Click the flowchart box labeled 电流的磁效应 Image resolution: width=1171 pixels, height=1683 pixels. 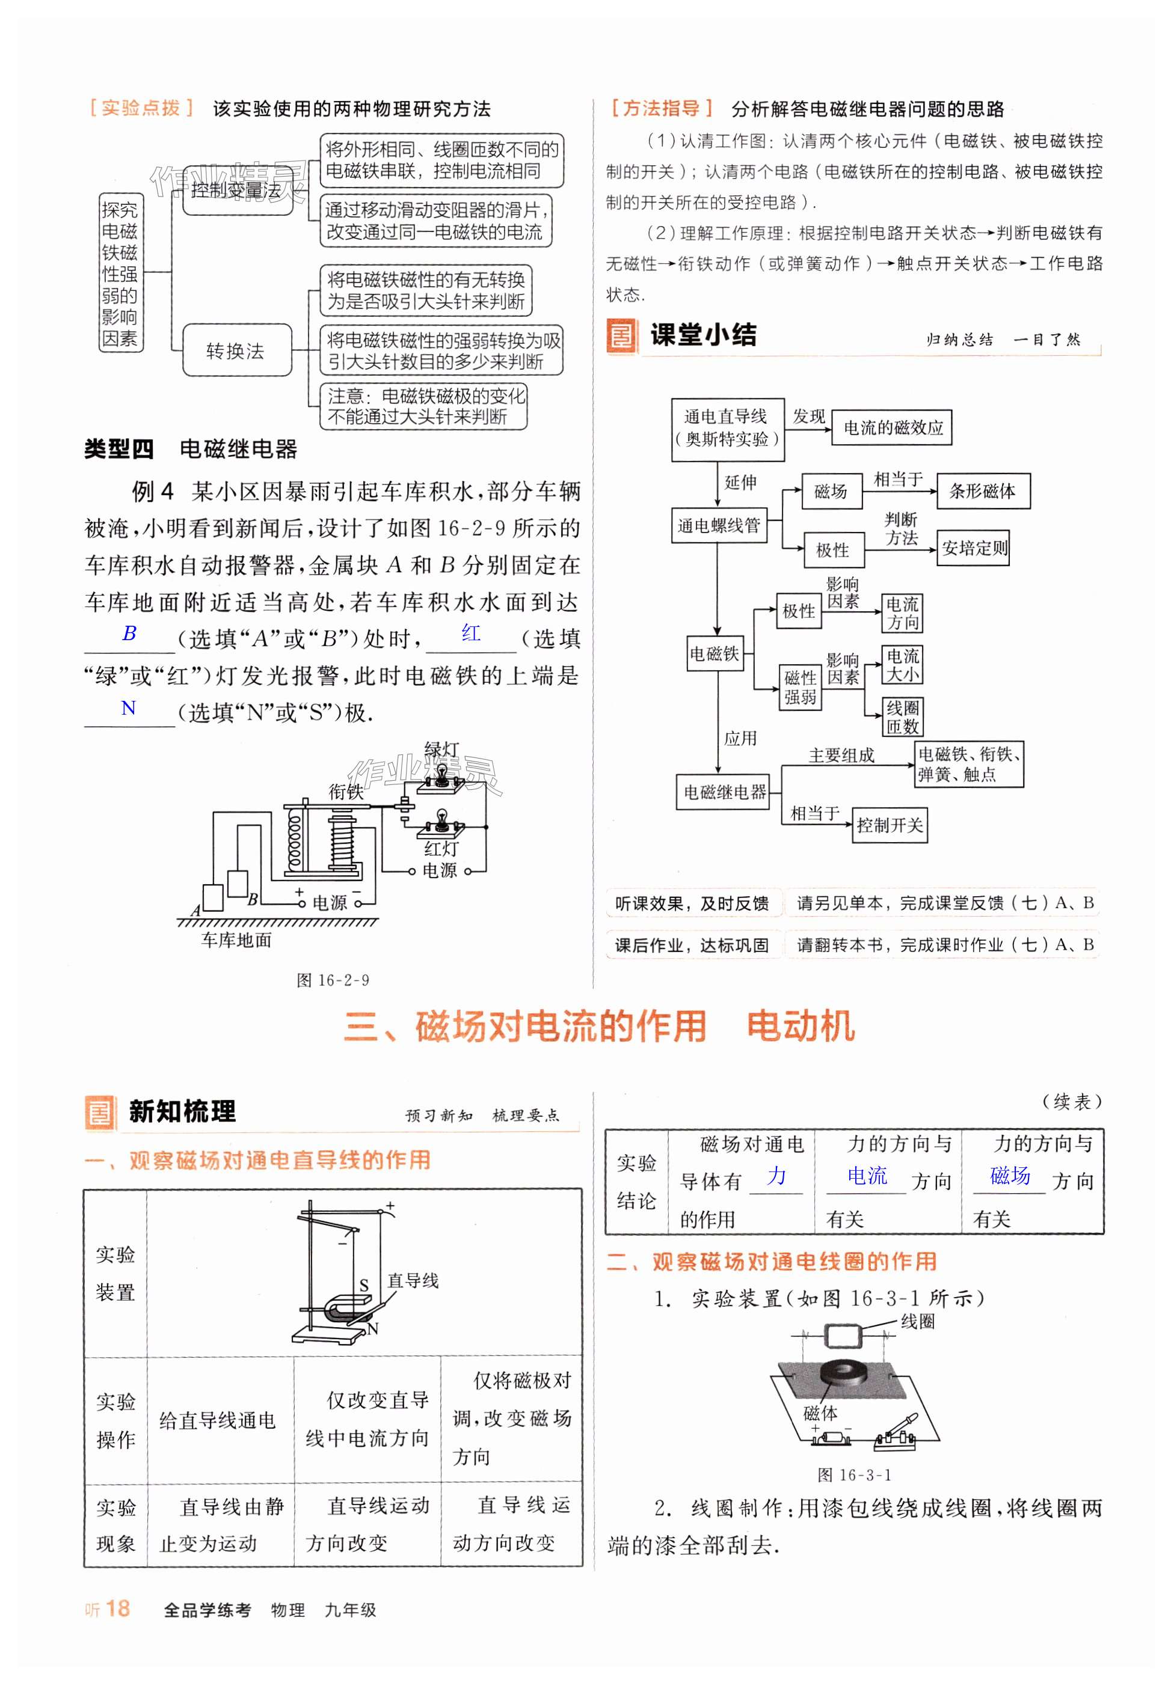tap(891, 427)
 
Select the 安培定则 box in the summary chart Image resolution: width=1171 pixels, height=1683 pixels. tap(973, 548)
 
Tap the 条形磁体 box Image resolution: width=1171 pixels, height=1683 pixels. tap(983, 491)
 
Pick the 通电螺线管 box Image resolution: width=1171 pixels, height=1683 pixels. tap(719, 525)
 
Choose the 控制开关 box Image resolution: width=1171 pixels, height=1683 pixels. tap(890, 825)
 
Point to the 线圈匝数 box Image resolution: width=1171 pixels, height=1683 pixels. tap(902, 717)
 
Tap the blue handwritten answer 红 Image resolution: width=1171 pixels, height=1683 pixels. tap(471, 634)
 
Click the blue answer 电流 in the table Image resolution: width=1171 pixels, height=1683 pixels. tap(867, 1176)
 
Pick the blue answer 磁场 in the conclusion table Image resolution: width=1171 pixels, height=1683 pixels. tap(1010, 1176)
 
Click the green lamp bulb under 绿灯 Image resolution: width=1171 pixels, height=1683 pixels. tap(442, 775)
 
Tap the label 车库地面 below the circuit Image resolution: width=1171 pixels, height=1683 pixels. tap(236, 941)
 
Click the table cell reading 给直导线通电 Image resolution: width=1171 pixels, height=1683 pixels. tap(217, 1420)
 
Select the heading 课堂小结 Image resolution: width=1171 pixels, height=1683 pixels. tap(703, 335)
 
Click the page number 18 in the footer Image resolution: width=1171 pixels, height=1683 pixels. tap(117, 1608)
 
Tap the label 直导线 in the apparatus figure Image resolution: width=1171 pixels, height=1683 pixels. tap(413, 1280)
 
